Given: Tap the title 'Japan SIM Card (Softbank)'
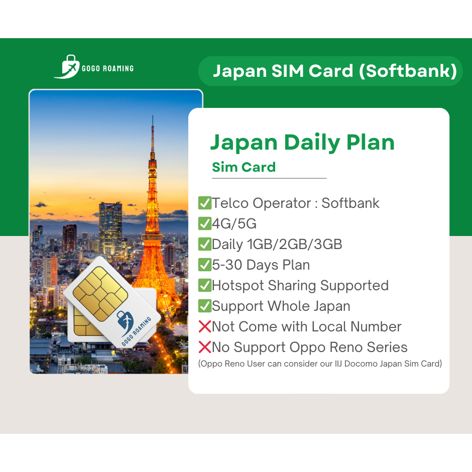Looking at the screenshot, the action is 335,71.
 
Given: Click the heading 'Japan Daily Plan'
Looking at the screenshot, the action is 302,143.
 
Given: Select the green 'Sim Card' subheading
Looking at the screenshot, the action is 244,167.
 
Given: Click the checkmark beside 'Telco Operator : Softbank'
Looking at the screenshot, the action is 205,203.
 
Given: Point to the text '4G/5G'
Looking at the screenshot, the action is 234,223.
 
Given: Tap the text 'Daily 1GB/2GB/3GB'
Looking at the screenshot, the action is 277,245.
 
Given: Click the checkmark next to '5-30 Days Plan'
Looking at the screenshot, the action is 205,265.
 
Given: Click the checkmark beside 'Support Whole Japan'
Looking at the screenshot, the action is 205,306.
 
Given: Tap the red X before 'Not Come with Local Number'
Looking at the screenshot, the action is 205,326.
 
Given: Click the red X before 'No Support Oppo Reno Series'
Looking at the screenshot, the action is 205,347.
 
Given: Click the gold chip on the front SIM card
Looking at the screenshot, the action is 100,294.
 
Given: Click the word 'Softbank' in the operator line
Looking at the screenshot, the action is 350,203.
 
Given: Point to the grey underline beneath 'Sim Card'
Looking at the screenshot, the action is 269,178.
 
